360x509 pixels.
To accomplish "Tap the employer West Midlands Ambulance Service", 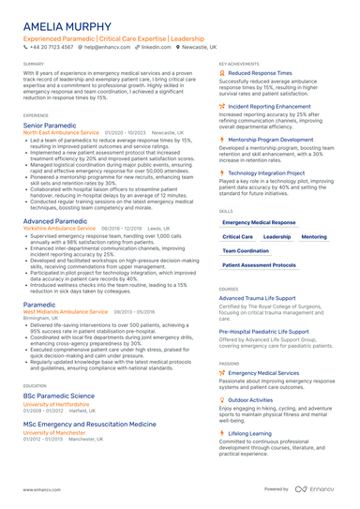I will point(66,311).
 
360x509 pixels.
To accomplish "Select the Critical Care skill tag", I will point(237,237).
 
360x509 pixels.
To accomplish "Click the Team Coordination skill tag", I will point(246,251).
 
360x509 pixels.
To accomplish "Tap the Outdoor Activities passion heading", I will point(250,399).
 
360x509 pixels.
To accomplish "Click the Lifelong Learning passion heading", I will point(249,434).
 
